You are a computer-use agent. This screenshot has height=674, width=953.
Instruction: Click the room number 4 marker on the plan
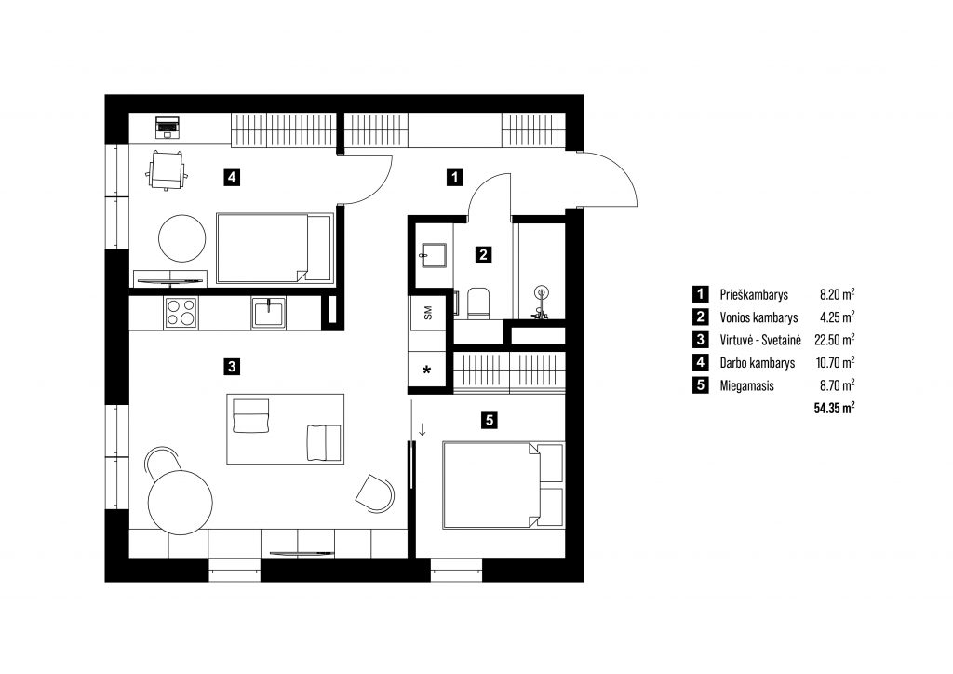pos(231,178)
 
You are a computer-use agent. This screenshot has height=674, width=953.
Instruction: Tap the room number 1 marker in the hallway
pos(454,178)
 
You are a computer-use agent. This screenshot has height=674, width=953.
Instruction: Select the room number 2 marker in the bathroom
pos(483,255)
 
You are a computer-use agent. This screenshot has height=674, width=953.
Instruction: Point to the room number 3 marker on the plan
pos(231,367)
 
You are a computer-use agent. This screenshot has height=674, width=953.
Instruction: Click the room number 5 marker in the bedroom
pos(490,419)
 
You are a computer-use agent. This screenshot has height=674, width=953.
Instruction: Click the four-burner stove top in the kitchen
pos(181,313)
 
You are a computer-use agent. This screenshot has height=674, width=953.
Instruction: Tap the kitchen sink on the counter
pos(269,313)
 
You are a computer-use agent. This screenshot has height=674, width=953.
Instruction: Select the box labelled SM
pos(428,313)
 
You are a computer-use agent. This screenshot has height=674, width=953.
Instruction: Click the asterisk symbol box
pos(427,370)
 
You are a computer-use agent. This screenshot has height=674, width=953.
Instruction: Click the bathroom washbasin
pos(434,256)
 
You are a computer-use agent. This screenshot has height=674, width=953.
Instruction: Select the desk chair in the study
pos(167,170)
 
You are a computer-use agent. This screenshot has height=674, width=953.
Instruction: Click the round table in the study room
pos(182,237)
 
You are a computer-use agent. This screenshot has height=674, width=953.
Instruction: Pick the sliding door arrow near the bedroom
pos(422,430)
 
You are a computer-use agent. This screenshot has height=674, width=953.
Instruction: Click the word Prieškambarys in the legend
pos(754,295)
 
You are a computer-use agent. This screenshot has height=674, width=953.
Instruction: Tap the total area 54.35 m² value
pos(834,407)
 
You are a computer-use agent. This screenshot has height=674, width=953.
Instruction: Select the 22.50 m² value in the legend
pos(834,340)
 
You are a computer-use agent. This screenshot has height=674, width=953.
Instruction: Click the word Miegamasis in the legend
pos(746,385)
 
